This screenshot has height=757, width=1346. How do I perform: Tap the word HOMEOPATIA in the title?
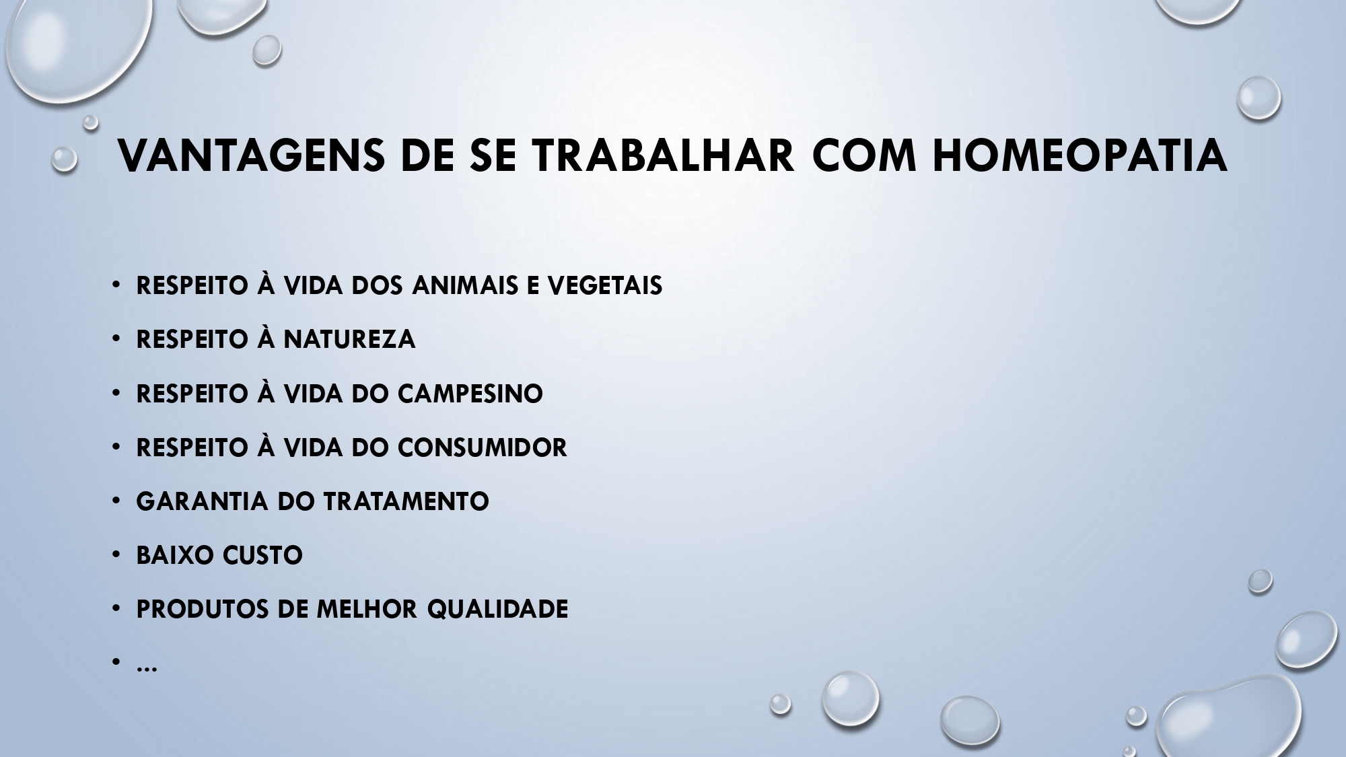click(1080, 156)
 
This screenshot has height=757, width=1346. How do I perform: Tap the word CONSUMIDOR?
click(483, 447)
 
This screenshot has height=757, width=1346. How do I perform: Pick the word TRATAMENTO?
click(406, 501)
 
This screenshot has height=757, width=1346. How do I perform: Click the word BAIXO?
click(174, 555)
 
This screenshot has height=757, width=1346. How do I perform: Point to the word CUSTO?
click(262, 555)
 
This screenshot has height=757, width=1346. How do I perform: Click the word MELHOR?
click(367, 609)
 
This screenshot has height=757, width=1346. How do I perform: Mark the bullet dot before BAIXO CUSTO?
click(116, 555)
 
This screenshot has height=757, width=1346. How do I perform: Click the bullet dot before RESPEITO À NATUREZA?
click(116, 339)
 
